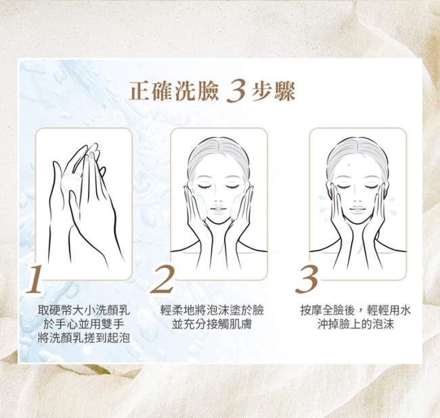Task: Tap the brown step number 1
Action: coord(35,279)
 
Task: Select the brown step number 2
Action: coord(162,279)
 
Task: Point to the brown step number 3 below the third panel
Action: coord(307,279)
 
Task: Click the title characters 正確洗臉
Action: coord(174,91)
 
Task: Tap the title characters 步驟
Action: coord(273,91)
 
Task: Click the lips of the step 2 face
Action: coord(219,209)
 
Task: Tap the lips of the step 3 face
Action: coord(357,209)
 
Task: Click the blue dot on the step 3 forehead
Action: coord(349,164)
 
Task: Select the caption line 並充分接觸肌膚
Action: coord(212,325)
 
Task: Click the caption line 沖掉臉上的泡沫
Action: coord(355,325)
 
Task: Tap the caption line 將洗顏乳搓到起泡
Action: coord(84,338)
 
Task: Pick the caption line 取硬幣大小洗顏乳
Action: coord(84,310)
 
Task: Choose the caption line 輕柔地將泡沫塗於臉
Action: coord(212,310)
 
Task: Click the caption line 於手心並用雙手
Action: coord(84,325)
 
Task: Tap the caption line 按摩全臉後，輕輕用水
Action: coord(355,310)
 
